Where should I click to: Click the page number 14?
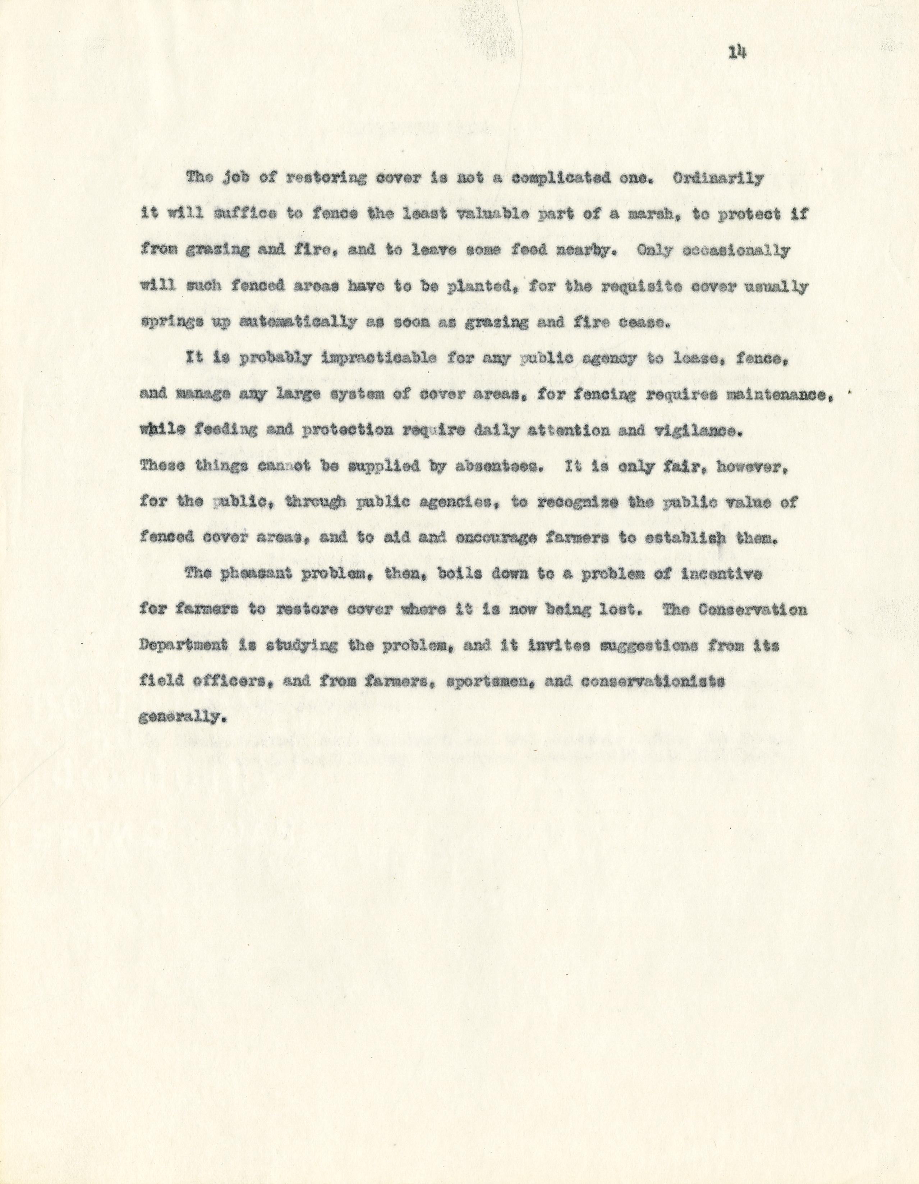click(738, 52)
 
